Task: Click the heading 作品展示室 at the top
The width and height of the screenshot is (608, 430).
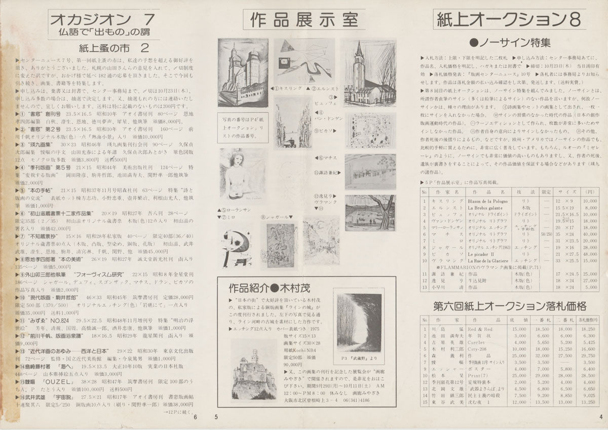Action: coord(304,20)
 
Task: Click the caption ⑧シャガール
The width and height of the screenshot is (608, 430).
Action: coord(274,217)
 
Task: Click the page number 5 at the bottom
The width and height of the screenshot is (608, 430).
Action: coord(216,416)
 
